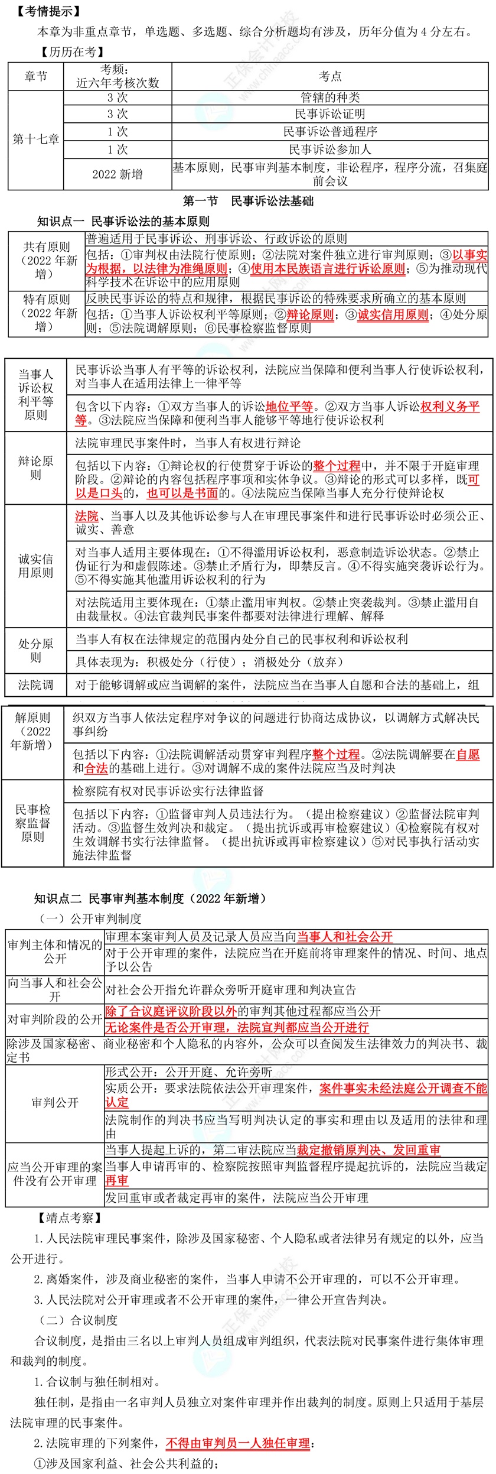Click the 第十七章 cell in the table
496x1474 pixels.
[36, 139]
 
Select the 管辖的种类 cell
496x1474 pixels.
[329, 98]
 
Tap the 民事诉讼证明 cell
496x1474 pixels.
[329, 114]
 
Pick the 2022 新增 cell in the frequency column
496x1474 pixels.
[117, 174]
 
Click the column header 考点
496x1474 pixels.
[329, 76]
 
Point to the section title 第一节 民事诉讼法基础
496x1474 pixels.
[248, 201]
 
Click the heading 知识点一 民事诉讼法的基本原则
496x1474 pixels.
[123, 222]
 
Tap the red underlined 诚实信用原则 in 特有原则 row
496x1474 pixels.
[393, 315]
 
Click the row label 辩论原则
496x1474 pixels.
[35, 467]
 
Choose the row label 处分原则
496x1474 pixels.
[35, 650]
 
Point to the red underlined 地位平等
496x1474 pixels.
[289, 407]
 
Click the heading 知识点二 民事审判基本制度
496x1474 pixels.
[150, 899]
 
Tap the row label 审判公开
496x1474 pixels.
[54, 1115]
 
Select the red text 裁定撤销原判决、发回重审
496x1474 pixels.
[368, 1150]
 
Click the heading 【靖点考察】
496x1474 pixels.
[70, 1217]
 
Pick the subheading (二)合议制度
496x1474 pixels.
[78, 1320]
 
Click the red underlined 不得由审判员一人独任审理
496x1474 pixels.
[237, 1443]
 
